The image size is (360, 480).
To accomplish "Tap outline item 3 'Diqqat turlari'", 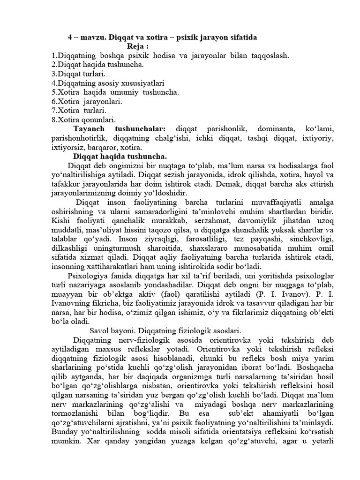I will coord(79,74).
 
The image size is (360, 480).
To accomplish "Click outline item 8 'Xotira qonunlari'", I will coord(84,120).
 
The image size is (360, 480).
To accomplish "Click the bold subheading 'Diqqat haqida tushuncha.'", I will coord(120,157).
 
